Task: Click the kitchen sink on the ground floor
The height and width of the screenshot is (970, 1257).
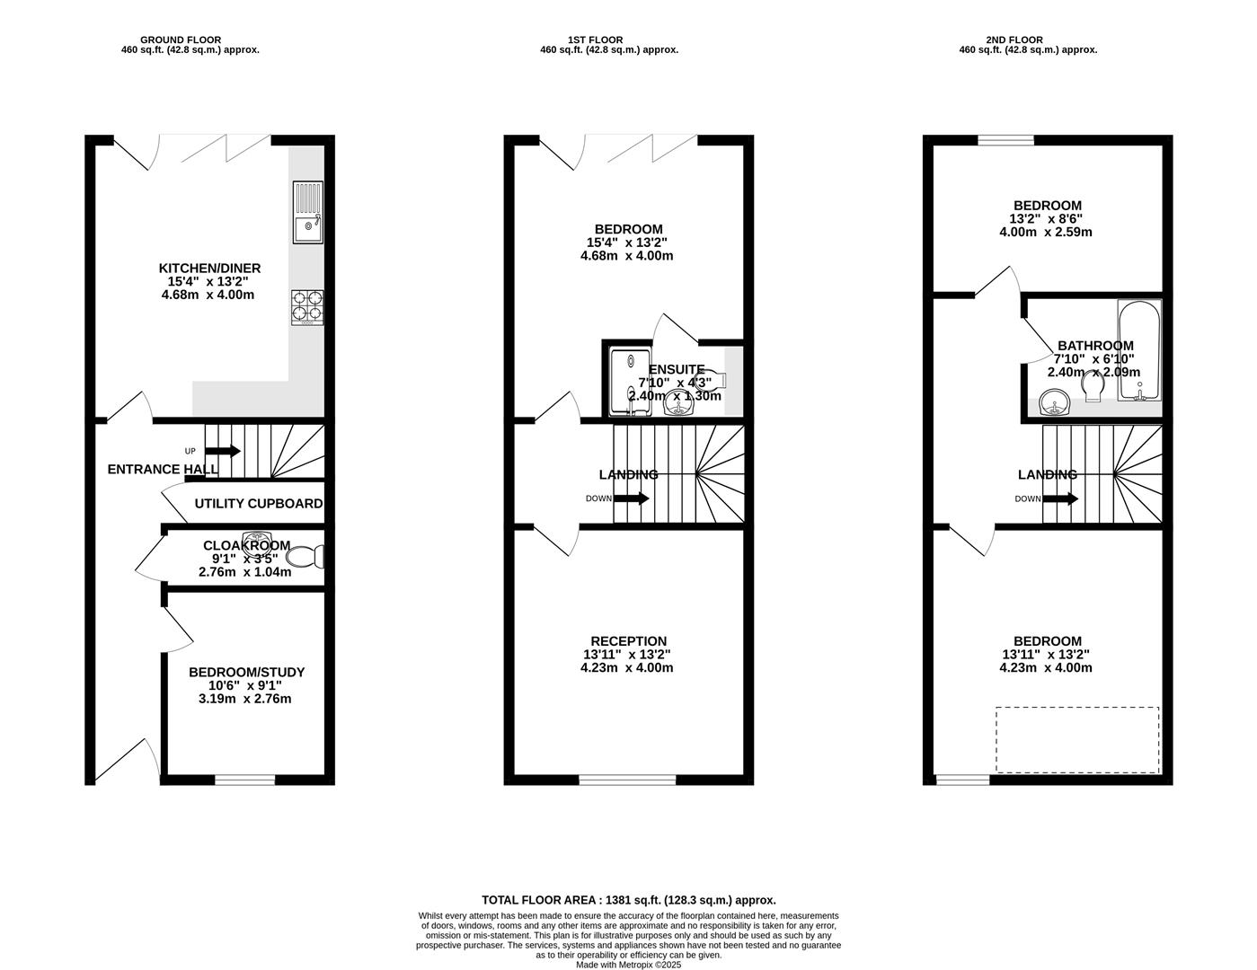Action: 308,212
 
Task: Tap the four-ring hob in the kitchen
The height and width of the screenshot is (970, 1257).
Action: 307,307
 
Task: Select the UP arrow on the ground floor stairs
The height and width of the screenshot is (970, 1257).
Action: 223,451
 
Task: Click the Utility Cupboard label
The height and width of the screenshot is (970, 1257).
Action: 259,504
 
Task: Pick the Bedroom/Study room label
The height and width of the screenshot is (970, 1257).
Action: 246,673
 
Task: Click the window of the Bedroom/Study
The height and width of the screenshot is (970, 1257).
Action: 244,780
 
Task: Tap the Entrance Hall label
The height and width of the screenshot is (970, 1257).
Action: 164,470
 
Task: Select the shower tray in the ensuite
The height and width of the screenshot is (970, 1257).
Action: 631,382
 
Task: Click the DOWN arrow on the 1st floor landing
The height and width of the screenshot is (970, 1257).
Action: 631,498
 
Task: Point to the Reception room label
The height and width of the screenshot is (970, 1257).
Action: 628,641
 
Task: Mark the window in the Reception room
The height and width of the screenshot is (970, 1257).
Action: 628,780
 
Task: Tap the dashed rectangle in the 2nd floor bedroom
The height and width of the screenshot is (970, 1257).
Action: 1077,739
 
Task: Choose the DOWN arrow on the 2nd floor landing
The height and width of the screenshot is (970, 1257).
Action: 1060,498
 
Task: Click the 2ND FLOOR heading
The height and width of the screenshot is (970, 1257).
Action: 1014,40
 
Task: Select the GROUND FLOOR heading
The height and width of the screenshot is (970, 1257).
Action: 181,40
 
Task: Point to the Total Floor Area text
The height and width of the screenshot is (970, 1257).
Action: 629,900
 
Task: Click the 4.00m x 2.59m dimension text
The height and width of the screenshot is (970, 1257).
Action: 1046,233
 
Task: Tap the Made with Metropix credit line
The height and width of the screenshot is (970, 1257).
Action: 629,965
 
